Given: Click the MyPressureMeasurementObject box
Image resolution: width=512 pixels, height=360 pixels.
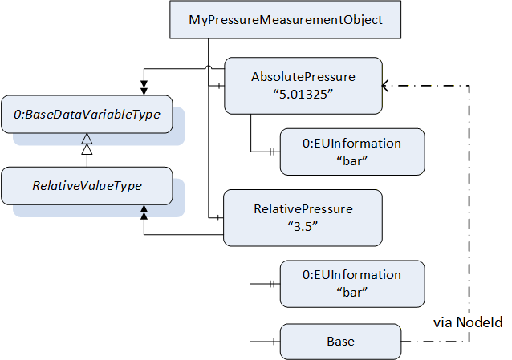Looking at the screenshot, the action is click(x=285, y=19).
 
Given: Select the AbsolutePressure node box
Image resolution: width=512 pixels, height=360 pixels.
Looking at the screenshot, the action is click(x=303, y=86).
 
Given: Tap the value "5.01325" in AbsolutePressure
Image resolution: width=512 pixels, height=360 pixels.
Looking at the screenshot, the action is click(x=303, y=95).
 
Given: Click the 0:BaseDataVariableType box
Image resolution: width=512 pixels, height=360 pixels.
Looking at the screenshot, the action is click(x=87, y=114).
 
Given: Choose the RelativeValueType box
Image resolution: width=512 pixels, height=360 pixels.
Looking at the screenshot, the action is click(x=87, y=186).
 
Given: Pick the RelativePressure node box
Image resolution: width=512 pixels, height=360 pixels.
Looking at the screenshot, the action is click(x=303, y=218).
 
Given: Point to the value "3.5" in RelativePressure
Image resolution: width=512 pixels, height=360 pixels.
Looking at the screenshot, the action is click(x=303, y=226).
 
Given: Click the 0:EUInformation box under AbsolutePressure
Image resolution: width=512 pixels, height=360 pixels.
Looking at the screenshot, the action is click(x=352, y=152).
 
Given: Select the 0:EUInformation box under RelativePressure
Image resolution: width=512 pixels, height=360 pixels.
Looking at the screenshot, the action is click(x=352, y=284).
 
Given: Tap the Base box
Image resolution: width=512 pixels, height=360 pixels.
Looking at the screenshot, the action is click(x=340, y=342).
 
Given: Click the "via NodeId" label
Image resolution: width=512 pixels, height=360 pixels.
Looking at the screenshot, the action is click(x=468, y=322).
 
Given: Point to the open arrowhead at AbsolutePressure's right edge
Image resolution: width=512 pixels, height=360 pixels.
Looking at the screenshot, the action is click(x=384, y=86).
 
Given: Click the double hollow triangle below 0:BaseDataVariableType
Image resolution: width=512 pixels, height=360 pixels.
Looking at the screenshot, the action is click(x=87, y=144).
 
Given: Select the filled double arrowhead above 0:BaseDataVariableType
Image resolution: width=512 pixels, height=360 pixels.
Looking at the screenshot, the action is click(x=144, y=88).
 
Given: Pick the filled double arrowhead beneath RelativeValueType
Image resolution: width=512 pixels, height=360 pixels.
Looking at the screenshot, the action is click(x=144, y=212).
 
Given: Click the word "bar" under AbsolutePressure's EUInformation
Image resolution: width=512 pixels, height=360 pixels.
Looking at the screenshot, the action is click(x=352, y=160).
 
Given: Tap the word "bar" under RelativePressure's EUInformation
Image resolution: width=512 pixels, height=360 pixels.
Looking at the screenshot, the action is click(x=352, y=292).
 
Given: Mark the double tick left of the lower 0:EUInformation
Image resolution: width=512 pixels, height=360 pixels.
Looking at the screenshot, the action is click(x=272, y=284).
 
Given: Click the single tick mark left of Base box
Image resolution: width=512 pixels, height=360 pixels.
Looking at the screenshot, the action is click(x=274, y=342).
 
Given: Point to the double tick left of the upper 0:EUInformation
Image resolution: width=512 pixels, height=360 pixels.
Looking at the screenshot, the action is click(x=272, y=152).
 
